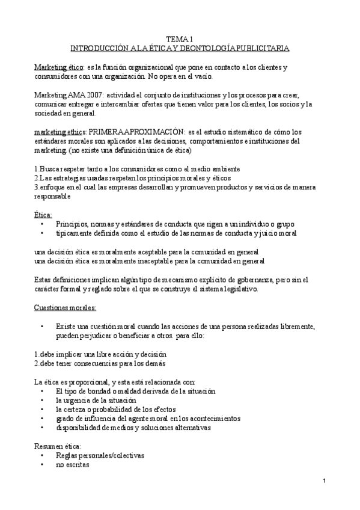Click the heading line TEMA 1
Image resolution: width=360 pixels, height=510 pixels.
coord(180,38)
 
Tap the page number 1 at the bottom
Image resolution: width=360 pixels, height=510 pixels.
coord(323,481)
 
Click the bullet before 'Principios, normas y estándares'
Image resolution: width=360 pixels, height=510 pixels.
coord(42,224)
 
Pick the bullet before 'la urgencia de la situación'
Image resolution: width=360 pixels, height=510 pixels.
coord(42,399)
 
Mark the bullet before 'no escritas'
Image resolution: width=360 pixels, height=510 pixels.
coord(42,465)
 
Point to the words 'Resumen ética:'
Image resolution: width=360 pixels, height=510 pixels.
coord(56,446)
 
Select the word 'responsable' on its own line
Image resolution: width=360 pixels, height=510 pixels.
coord(53,196)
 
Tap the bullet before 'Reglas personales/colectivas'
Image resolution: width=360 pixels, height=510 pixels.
coord(42,455)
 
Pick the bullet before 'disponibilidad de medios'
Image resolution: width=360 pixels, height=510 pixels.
coord(42,427)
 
